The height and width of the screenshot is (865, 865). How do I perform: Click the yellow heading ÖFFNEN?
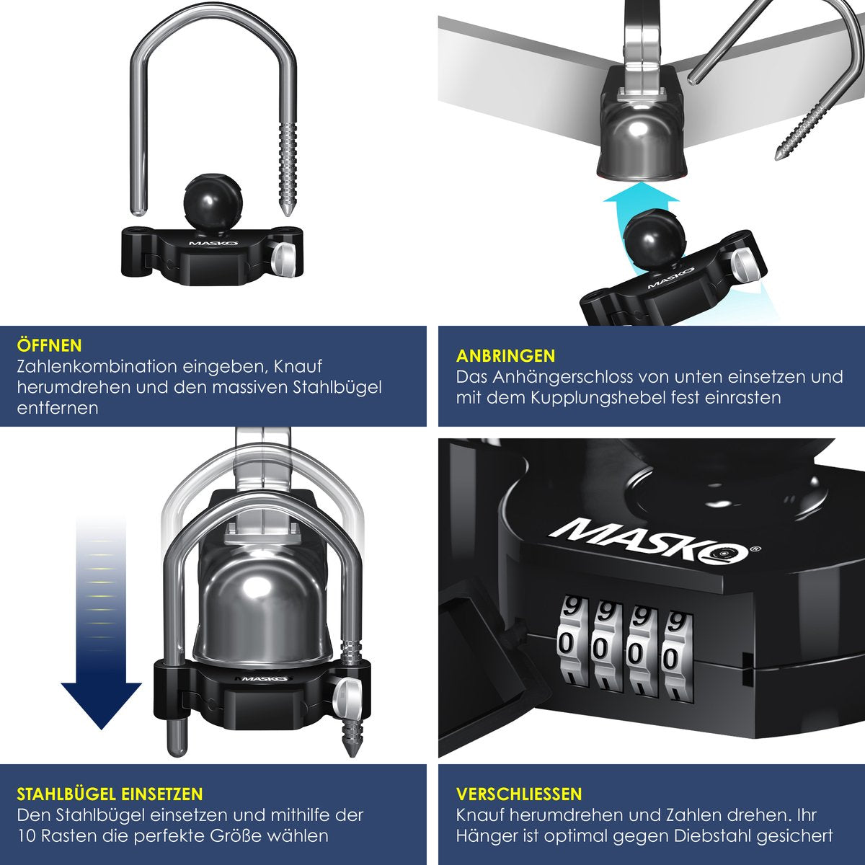pos(50,346)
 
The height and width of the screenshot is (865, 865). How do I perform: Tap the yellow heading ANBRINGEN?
pos(506,356)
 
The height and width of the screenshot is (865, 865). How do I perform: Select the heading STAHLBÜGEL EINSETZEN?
pos(110,794)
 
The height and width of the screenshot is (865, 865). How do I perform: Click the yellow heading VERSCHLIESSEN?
pos(519,794)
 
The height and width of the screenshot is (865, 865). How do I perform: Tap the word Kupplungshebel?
pos(597,398)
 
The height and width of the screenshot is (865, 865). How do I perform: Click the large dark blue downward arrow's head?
pos(102,704)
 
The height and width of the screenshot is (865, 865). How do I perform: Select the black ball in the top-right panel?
pos(655,236)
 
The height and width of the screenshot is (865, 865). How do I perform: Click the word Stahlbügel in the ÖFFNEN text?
pos(337,387)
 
